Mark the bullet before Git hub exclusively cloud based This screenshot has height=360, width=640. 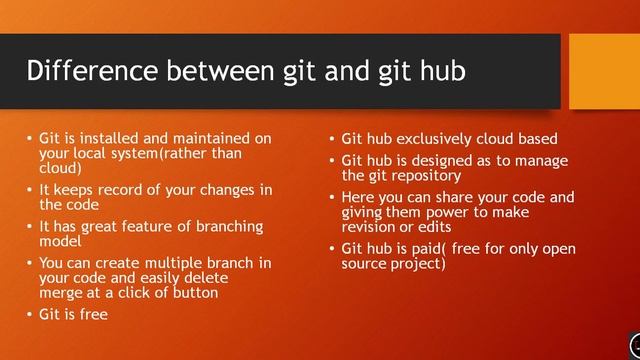[332, 140]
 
